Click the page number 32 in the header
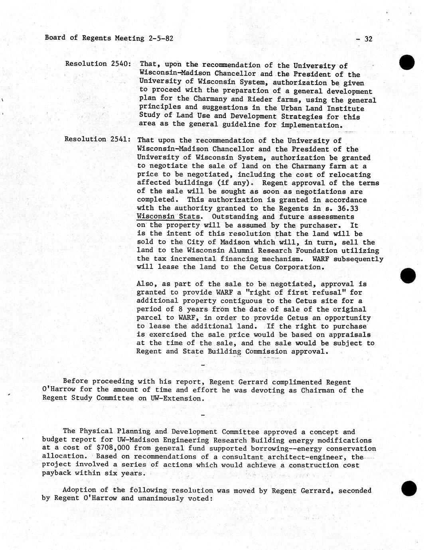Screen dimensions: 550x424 pos(368,39)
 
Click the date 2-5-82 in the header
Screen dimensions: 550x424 pos(160,38)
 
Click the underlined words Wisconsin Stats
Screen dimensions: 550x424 pos(168,217)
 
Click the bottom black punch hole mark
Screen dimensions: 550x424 pos(408,489)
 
